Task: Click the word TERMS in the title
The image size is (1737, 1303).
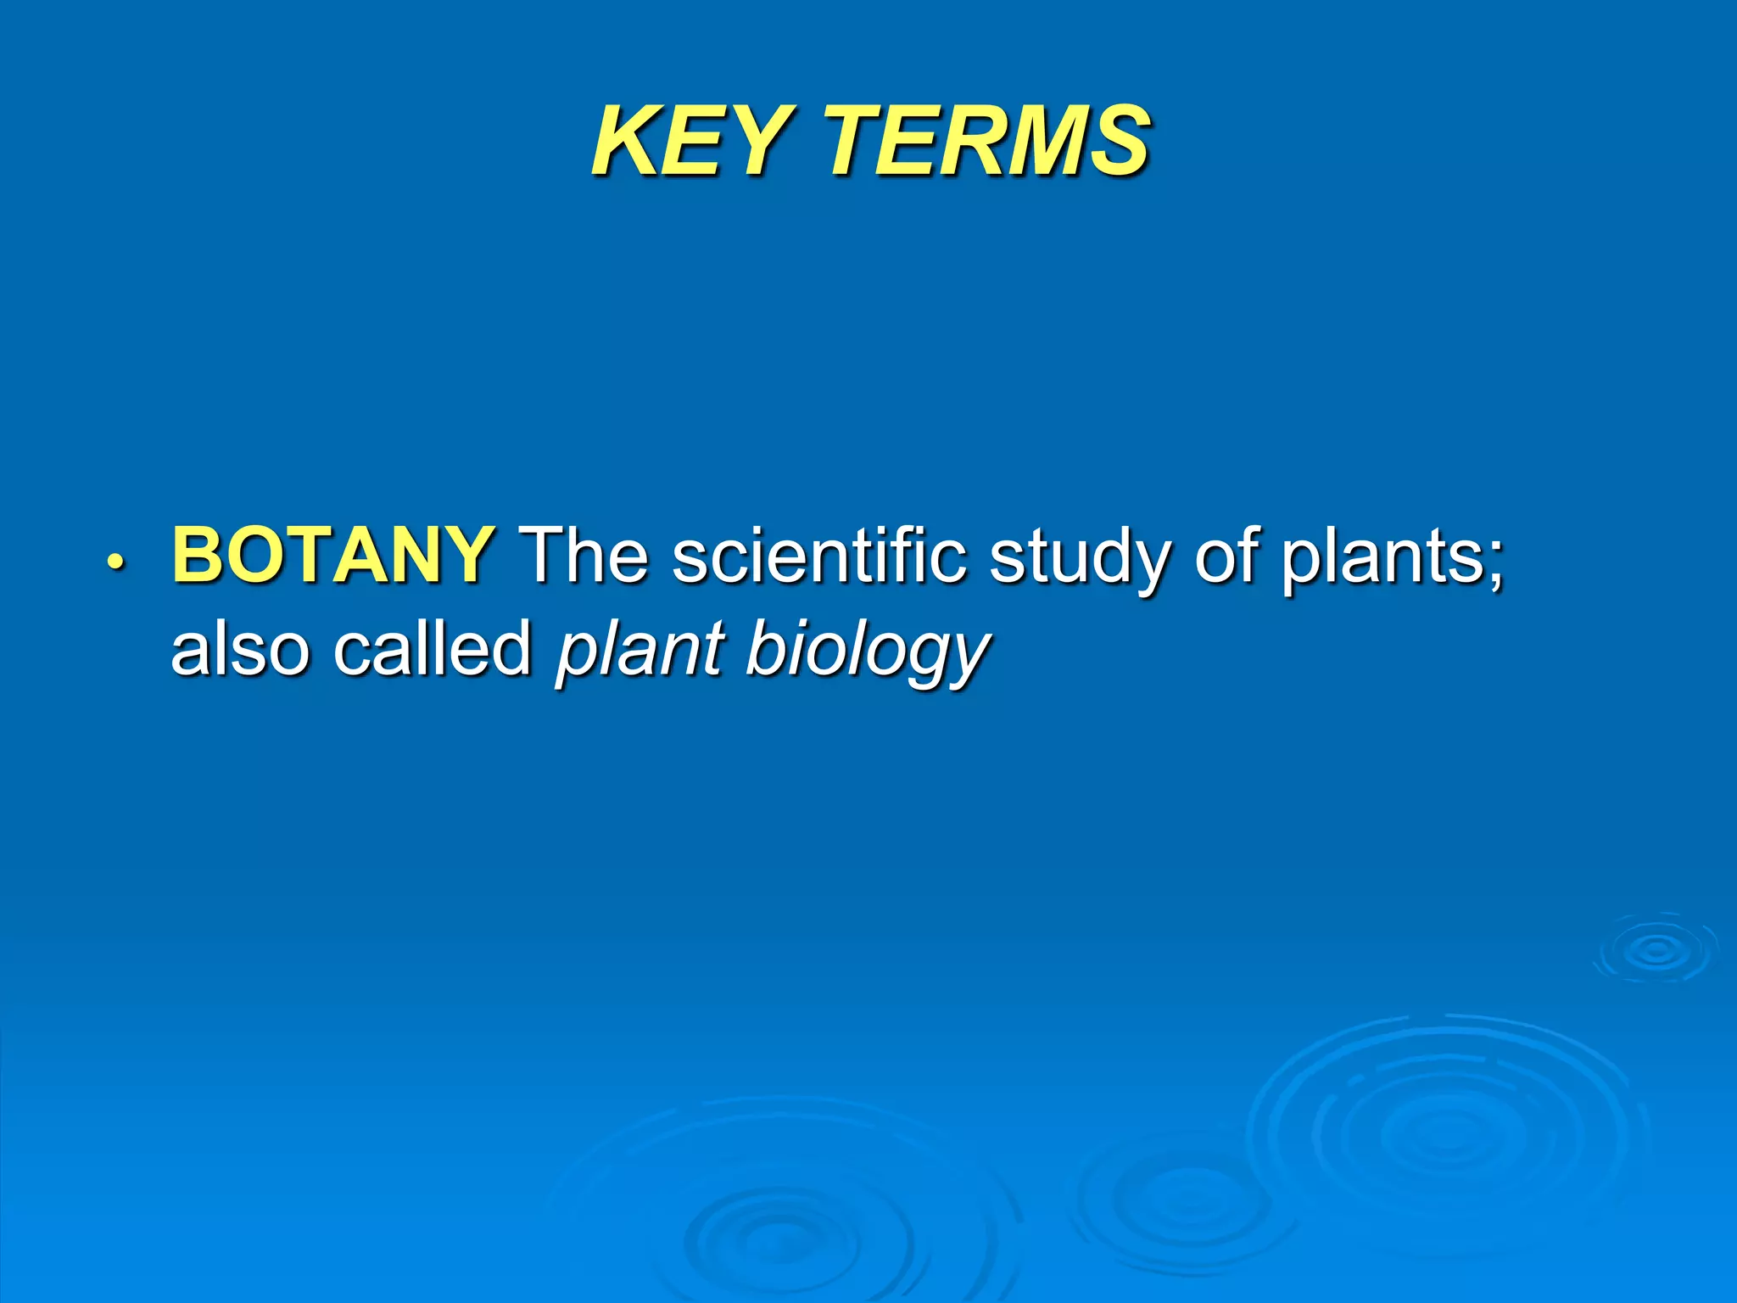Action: [988, 140]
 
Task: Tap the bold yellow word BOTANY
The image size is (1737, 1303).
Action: [332, 555]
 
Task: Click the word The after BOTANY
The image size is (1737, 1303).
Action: [585, 555]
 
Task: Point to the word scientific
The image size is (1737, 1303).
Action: [819, 555]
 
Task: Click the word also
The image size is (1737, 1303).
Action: [241, 648]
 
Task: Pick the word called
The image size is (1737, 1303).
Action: [432, 648]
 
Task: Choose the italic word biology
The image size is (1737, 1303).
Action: [867, 651]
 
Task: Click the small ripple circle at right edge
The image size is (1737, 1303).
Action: [1656, 951]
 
